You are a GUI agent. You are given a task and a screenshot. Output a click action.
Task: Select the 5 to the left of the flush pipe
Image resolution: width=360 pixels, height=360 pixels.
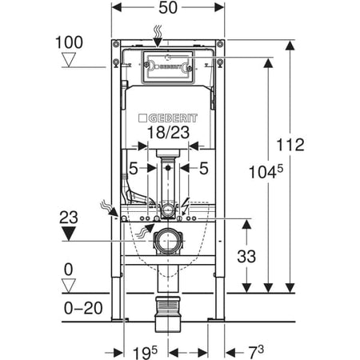point(134,167)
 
